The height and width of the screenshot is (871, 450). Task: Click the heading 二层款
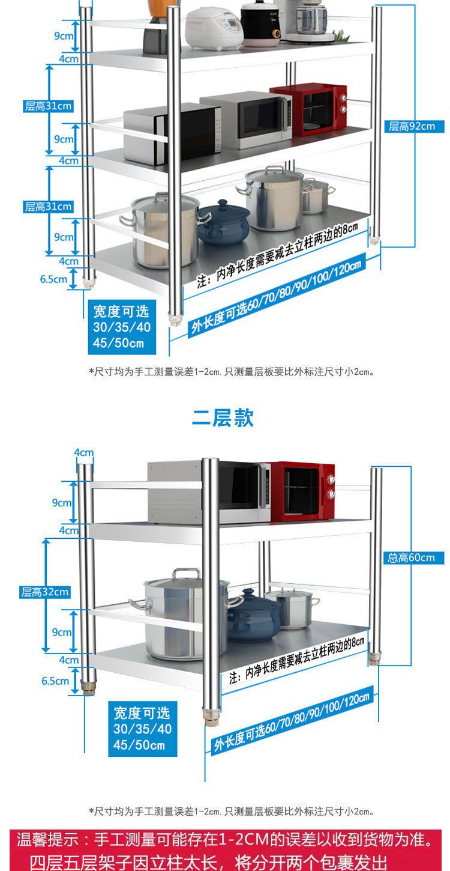tap(223, 417)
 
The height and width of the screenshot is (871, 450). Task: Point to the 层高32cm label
tap(45, 592)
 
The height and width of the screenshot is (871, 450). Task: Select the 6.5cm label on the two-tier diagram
tap(55, 681)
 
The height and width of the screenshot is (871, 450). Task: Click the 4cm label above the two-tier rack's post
tap(84, 452)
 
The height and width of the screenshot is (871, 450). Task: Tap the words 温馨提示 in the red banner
tap(49, 839)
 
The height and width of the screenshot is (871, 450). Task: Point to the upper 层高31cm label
tap(48, 106)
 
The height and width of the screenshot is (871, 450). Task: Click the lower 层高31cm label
tap(48, 207)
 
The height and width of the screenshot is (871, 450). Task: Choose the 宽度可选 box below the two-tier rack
tap(142, 729)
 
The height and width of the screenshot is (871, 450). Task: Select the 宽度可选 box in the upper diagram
tap(121, 327)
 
